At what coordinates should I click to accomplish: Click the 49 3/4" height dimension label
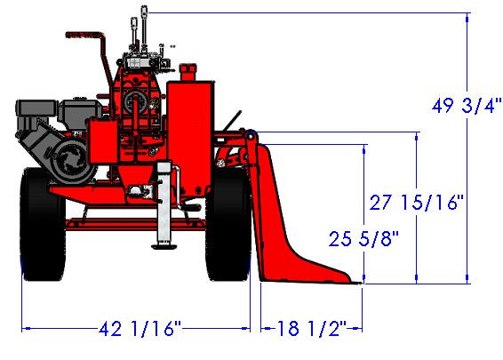[467, 106]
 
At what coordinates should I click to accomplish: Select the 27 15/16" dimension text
[417, 202]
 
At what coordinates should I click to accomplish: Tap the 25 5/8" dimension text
[363, 239]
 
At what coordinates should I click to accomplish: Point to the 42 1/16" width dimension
[140, 328]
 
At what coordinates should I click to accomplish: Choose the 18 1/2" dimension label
[312, 328]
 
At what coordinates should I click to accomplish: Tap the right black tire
[228, 224]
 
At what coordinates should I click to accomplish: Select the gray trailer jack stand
[164, 205]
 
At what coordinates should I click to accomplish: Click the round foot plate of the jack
[164, 246]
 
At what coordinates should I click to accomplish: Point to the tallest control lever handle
[144, 12]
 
